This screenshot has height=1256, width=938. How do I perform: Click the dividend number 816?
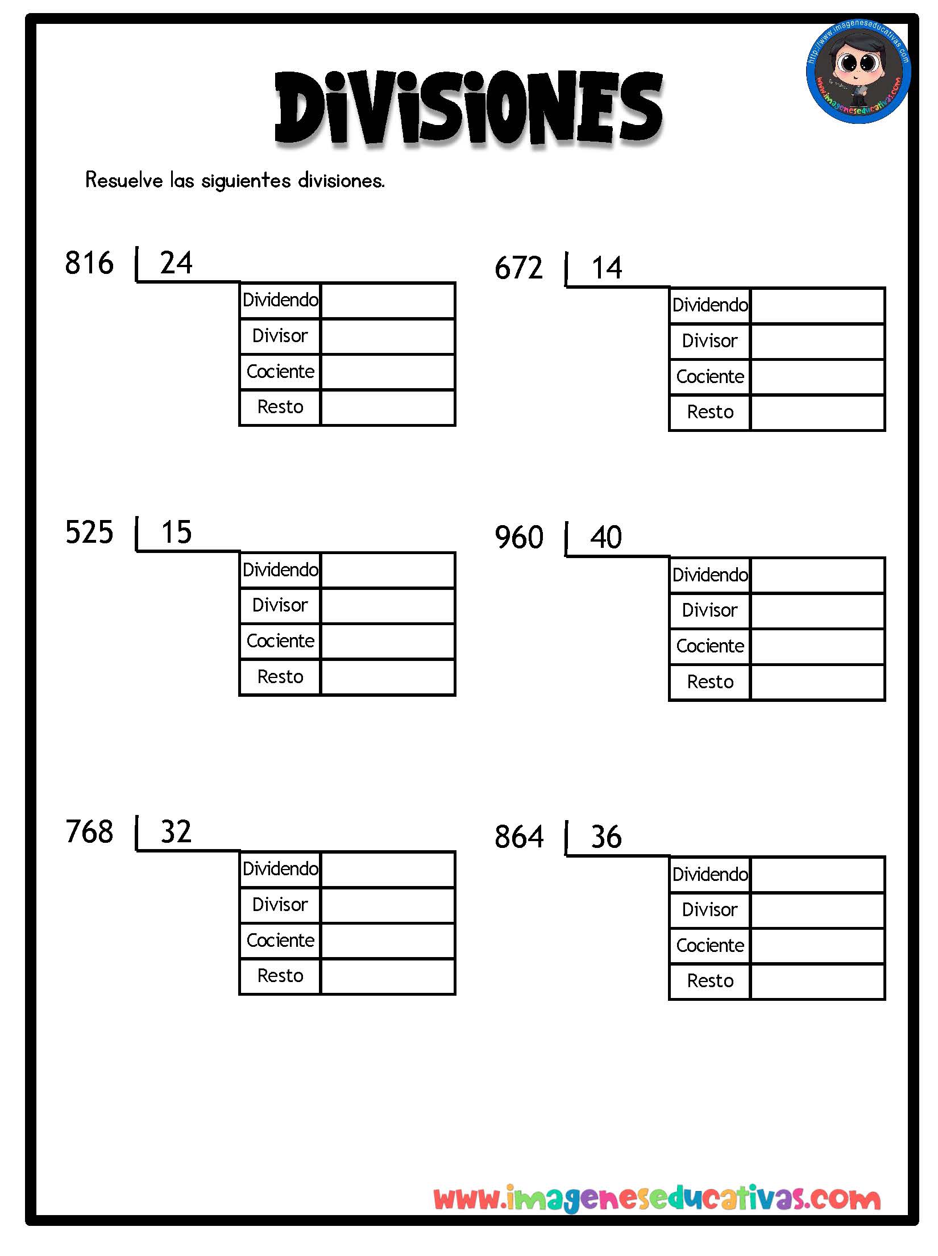click(x=89, y=263)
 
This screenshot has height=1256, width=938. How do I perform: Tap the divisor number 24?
click(x=176, y=263)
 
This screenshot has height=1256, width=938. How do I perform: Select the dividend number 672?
click(x=518, y=268)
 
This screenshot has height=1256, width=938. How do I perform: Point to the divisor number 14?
click(x=607, y=268)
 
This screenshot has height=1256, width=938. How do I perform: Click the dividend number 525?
click(x=89, y=533)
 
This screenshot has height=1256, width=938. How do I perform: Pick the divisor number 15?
click(x=176, y=533)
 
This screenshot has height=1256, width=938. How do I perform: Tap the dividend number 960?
click(x=519, y=538)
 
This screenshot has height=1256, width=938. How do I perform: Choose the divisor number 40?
click(x=606, y=538)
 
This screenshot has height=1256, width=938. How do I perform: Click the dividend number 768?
click(x=89, y=832)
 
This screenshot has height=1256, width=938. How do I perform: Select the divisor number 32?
click(x=176, y=832)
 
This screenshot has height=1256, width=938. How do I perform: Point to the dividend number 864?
click(x=519, y=837)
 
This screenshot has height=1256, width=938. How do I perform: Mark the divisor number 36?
click(x=606, y=837)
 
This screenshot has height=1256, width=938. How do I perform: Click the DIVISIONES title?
click(x=469, y=108)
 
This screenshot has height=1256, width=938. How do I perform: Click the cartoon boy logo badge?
click(x=858, y=72)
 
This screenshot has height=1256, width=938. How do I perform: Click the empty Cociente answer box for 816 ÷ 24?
click(x=388, y=372)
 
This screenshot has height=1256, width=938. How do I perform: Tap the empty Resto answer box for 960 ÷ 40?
click(x=817, y=683)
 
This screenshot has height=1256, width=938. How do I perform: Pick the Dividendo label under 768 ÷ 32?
click(x=280, y=869)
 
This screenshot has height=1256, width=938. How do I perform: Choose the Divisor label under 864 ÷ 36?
click(x=710, y=910)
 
